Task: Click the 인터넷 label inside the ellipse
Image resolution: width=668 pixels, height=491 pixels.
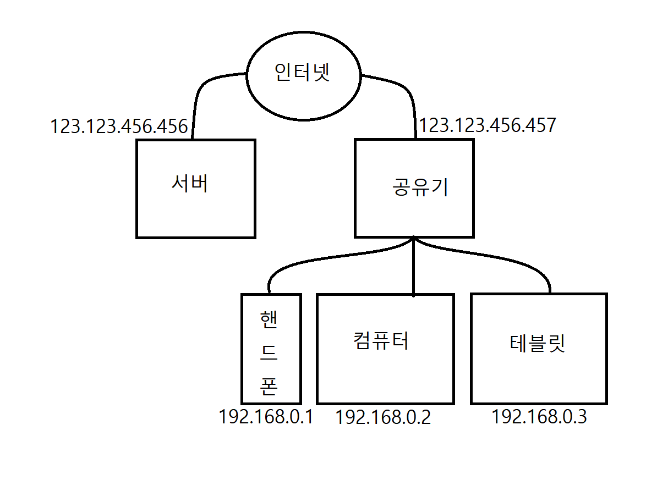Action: [302, 73]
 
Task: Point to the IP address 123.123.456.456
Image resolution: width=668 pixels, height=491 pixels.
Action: [119, 126]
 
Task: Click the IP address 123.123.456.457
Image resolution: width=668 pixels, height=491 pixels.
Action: [488, 125]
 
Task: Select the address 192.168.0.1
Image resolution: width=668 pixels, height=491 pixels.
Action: [266, 417]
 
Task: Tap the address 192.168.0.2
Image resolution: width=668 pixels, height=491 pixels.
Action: [383, 418]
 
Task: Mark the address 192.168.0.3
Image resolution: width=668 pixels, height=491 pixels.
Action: [539, 417]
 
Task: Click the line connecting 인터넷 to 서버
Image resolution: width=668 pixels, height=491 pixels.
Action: [201, 91]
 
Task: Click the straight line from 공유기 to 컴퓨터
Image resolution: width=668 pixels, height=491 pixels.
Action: [414, 269]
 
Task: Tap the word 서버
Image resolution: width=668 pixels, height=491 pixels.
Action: [190, 184]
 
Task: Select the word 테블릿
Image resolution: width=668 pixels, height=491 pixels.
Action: [538, 344]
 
